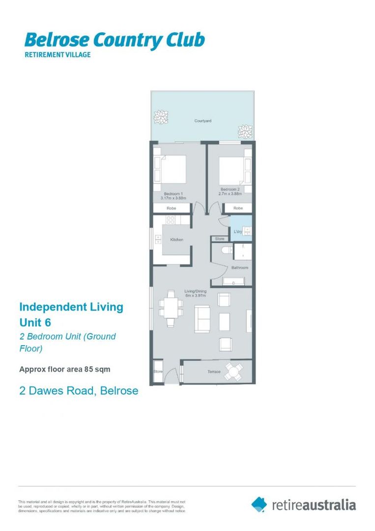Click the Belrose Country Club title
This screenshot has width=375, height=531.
114,40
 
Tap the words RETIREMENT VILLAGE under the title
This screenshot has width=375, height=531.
58,55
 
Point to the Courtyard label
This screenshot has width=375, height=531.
202,120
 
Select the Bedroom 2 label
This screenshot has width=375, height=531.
230,190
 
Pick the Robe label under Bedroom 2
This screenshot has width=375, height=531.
238,208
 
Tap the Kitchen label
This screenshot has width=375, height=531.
176,240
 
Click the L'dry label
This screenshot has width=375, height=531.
238,232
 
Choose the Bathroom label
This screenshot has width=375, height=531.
240,268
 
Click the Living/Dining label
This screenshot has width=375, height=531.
195,292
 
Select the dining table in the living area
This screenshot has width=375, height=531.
170,308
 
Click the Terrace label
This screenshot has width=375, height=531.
214,372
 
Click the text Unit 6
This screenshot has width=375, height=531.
35,323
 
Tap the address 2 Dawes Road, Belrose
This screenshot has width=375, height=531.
79,391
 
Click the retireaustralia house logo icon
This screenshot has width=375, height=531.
259,504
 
